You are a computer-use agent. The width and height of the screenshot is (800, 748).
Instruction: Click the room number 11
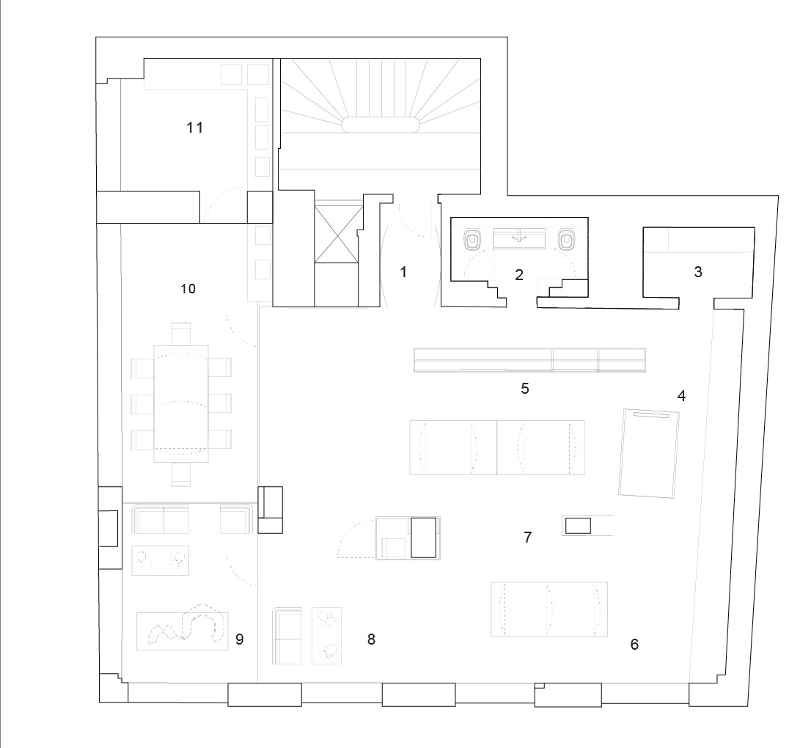coord(195,127)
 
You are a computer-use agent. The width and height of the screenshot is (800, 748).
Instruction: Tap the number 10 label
coord(188,289)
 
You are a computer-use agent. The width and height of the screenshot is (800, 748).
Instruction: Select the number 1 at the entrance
coord(403,272)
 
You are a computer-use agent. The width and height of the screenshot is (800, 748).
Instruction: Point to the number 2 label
coord(519,275)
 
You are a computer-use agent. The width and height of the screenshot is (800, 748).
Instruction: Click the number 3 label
coord(699,271)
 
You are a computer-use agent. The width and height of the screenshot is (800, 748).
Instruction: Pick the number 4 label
coord(682,395)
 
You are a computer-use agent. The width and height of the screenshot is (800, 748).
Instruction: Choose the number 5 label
coord(525,388)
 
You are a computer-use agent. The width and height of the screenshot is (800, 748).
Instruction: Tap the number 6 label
coord(635,645)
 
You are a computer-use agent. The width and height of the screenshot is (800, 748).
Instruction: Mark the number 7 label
coord(528,537)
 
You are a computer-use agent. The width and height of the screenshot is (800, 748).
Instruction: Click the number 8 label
coord(372,639)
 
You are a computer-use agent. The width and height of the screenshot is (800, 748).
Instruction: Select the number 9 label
coord(240,639)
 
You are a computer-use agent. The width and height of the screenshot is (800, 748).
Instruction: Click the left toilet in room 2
coord(472,239)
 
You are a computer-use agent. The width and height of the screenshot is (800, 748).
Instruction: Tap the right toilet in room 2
coord(566,239)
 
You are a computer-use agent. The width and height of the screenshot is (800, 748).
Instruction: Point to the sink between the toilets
coord(519,239)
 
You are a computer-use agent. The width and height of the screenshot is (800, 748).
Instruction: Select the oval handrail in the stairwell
coord(381,125)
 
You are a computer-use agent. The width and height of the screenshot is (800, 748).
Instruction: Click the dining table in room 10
coord(181,403)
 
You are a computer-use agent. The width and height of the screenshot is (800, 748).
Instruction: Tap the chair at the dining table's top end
coord(181,334)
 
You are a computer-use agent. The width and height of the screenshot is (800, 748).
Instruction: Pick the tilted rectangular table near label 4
coord(649,453)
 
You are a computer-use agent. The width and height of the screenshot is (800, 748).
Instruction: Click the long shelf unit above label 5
coord(529,360)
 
